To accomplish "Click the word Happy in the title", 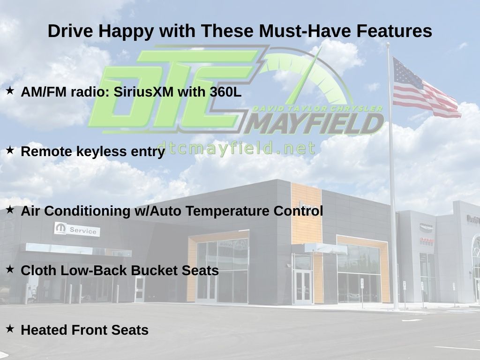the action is (126, 31).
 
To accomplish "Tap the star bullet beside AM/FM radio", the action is (10, 90).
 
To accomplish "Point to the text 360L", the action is (225, 91).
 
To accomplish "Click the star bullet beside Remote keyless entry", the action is (10, 150).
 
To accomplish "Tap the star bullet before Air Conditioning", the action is (10, 210).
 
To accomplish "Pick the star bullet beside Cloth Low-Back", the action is (10, 269).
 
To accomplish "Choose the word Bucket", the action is (154, 270).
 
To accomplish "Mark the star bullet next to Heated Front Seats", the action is (10, 329).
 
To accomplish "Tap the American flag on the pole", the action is (426, 88).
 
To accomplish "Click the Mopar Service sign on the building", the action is (77, 229).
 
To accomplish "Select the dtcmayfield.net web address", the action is (236, 148).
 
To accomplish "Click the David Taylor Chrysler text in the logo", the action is (317, 109).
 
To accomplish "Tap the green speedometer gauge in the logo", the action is (306, 76).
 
